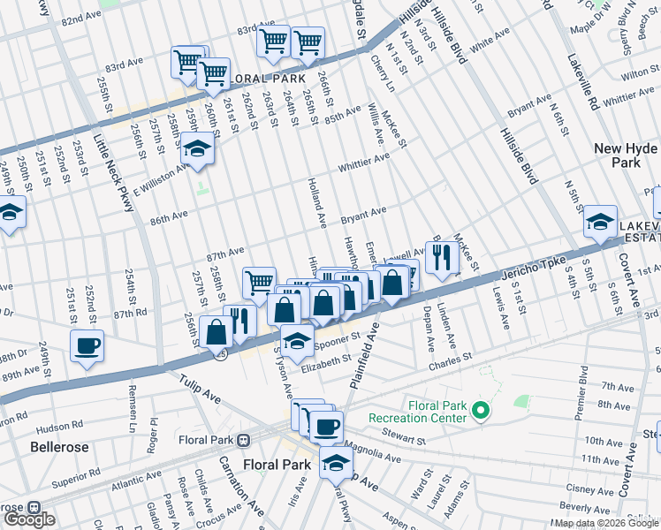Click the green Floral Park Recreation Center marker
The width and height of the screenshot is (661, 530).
[x=480, y=410]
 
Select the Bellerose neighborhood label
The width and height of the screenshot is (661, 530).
[x=59, y=447]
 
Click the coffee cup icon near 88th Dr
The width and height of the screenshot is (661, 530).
[x=87, y=345]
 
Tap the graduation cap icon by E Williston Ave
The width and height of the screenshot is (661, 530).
[x=198, y=149]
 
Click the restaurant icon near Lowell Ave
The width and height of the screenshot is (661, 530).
[x=441, y=257]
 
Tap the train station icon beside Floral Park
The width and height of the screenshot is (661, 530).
[x=252, y=439]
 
